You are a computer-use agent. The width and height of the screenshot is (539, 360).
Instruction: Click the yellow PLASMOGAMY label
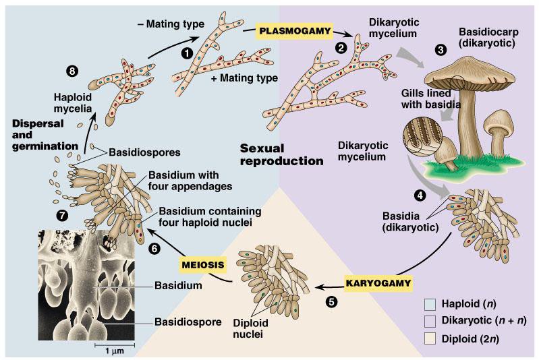tap(295, 31)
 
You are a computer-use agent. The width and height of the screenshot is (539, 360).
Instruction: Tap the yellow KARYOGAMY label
tap(378, 283)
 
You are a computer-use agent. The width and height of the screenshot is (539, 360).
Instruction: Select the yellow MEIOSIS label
tap(203, 265)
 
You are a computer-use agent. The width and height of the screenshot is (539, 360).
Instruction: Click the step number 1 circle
tap(187, 53)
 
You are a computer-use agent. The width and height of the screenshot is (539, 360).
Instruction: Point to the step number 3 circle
tap(441, 49)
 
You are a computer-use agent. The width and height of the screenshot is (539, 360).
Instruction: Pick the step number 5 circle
tap(331, 301)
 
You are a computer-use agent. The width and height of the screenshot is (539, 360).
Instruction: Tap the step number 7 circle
tap(62, 215)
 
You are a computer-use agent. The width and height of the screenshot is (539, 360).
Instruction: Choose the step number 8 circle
tap(72, 71)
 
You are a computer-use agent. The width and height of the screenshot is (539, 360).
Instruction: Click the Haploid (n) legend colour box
tap(430, 304)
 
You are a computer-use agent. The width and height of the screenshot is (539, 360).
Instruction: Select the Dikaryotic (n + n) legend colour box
tap(430, 321)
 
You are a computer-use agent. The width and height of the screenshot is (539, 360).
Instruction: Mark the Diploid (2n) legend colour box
tap(430, 338)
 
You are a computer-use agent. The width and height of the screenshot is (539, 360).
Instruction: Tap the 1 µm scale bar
tap(115, 344)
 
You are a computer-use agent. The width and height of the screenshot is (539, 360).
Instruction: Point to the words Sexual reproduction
tap(281, 154)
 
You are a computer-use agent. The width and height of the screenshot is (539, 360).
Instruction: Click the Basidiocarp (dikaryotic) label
tap(488, 38)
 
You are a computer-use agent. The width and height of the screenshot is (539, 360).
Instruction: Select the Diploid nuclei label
tap(250, 328)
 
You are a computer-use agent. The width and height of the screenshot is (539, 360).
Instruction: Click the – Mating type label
tap(171, 24)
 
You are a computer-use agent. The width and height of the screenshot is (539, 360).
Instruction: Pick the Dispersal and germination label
tap(45, 135)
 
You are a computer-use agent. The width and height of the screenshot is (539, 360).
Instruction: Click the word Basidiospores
tap(144, 152)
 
